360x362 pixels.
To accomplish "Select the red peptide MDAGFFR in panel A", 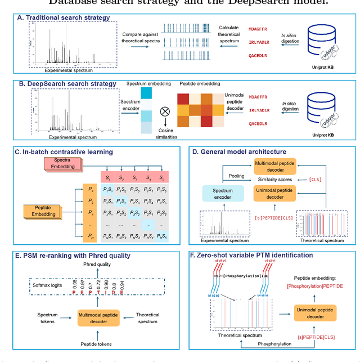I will click(259, 27).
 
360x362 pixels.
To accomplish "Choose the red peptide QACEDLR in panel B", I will click(258, 123).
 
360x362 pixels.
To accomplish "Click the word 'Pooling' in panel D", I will click(236, 176).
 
